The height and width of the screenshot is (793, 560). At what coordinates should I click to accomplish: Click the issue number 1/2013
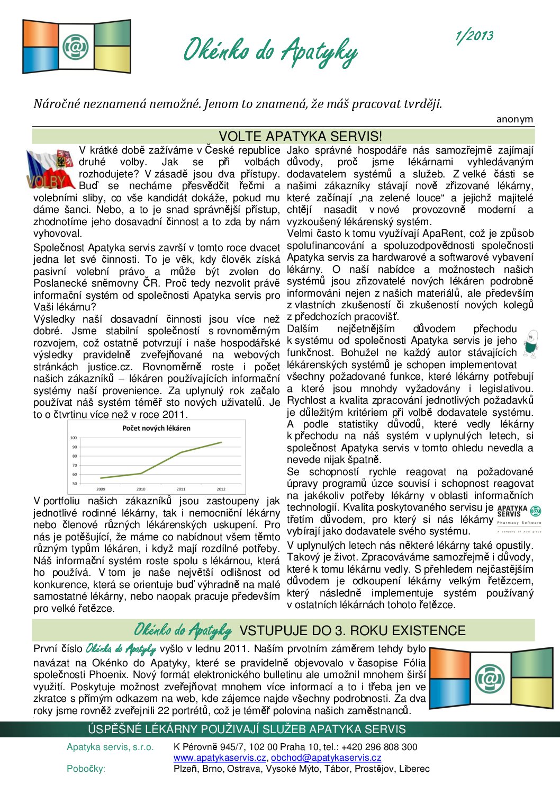[x=474, y=37]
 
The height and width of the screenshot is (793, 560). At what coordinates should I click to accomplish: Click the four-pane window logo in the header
[x=77, y=47]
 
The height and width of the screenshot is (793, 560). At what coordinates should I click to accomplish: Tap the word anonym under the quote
[x=514, y=119]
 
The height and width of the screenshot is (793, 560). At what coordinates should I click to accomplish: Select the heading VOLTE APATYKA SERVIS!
[x=300, y=136]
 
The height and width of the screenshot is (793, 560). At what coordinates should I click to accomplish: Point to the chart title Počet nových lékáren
[x=156, y=428]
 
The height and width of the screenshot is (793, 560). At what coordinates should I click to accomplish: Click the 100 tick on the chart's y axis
[x=74, y=438]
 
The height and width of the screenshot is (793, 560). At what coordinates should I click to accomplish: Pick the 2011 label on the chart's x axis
[x=181, y=489]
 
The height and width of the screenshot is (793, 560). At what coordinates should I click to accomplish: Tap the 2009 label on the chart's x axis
[x=101, y=489]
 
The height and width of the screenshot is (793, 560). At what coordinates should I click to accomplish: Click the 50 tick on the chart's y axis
[x=75, y=483]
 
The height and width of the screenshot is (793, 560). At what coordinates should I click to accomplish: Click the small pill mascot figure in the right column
[x=530, y=344]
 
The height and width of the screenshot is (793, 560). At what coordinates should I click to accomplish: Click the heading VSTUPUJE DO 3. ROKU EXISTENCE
[x=353, y=630]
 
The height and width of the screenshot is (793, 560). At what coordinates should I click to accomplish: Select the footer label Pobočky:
[x=86, y=769]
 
